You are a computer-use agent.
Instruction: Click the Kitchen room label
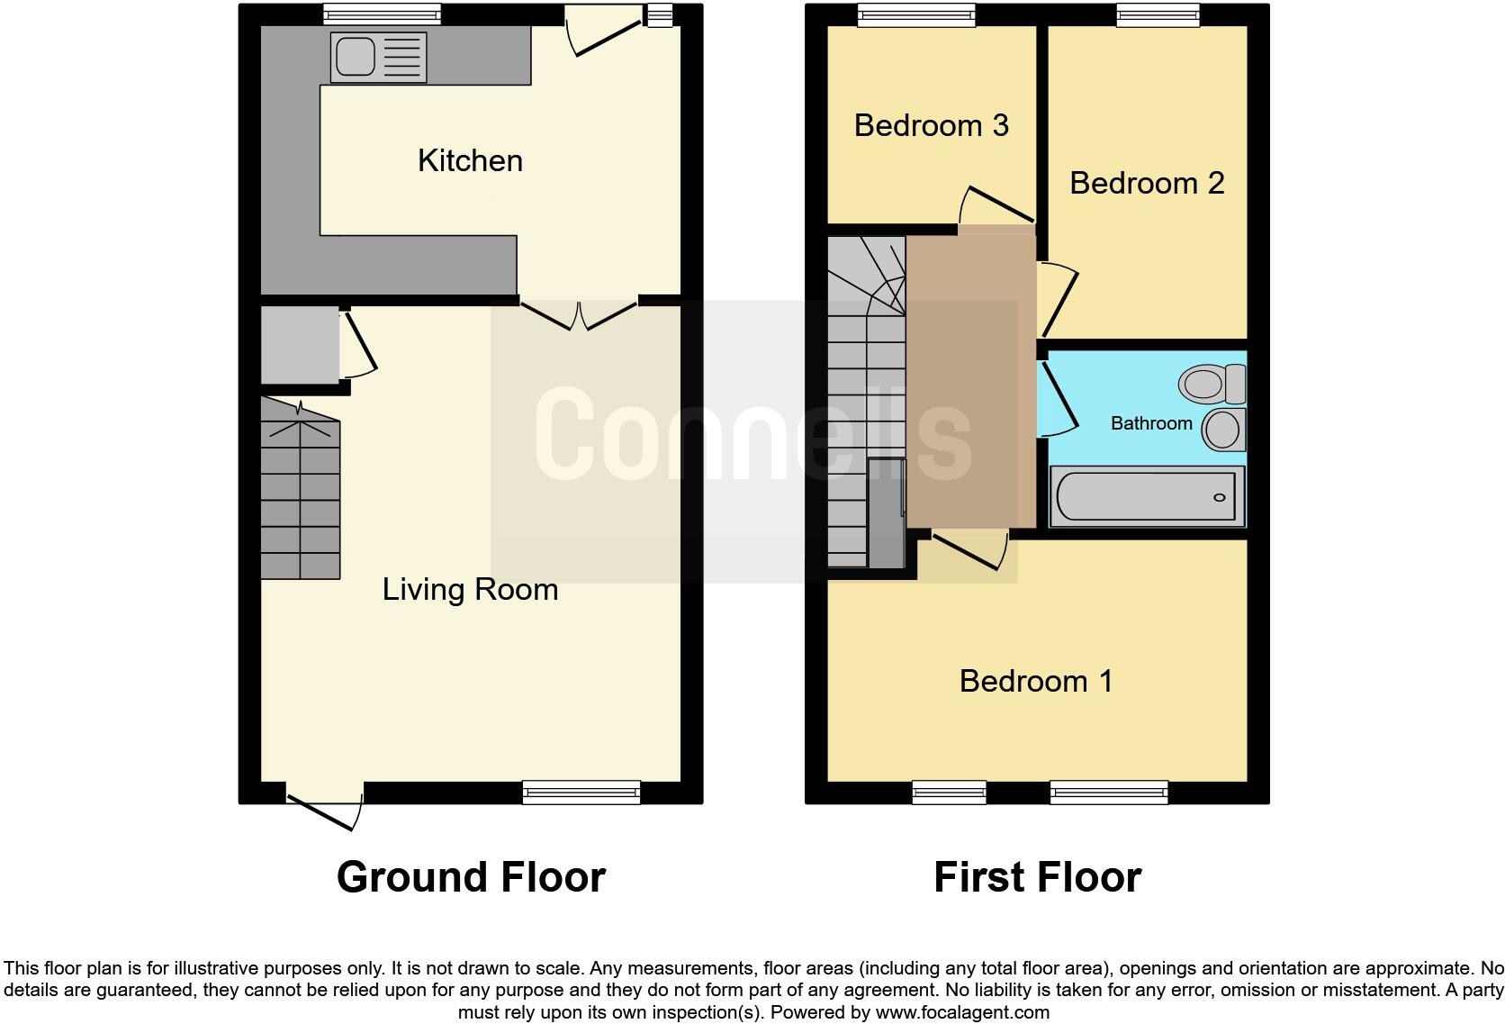tap(470, 161)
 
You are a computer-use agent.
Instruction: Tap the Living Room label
tap(470, 590)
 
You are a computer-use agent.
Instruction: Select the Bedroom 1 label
tap(1036, 681)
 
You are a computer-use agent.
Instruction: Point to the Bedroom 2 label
tap(1147, 184)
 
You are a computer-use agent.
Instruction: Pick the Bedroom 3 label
tap(931, 125)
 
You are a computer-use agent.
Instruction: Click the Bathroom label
tap(1151, 423)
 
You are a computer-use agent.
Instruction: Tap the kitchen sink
tap(356, 56)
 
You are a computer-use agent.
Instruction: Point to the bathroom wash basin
tap(1223, 430)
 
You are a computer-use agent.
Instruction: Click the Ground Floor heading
tap(471, 877)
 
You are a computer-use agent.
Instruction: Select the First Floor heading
tap(1037, 877)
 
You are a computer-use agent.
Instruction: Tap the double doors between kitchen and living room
tap(580, 314)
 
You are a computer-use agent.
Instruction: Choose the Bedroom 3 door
tap(997, 205)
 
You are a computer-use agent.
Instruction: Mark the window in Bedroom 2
tap(1158, 14)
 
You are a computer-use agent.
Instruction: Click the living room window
tap(581, 793)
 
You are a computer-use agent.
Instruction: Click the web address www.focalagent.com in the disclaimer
tap(961, 1012)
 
